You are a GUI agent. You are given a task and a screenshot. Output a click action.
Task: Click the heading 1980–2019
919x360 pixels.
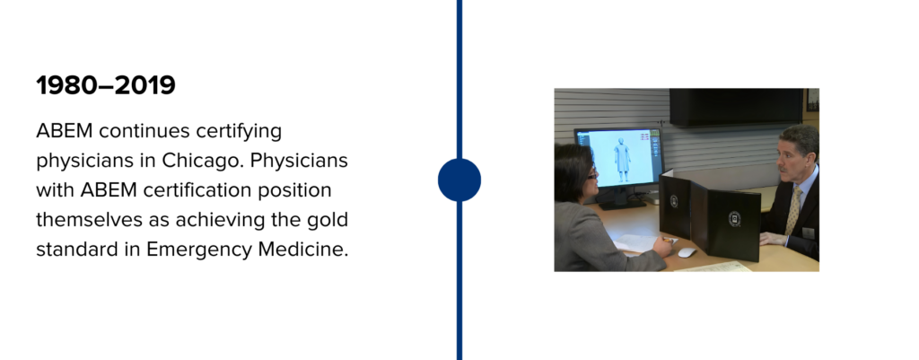tap(106, 85)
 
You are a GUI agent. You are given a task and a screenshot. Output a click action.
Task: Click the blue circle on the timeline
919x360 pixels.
tap(459, 180)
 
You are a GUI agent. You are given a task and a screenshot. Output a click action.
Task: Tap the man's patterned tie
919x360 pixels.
tap(793, 211)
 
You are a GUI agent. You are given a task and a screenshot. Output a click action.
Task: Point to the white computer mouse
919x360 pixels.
tap(687, 252)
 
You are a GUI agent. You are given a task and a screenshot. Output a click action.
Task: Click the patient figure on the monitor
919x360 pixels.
tap(622, 159)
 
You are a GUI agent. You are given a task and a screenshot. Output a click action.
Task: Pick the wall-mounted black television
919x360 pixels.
tap(736, 107)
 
